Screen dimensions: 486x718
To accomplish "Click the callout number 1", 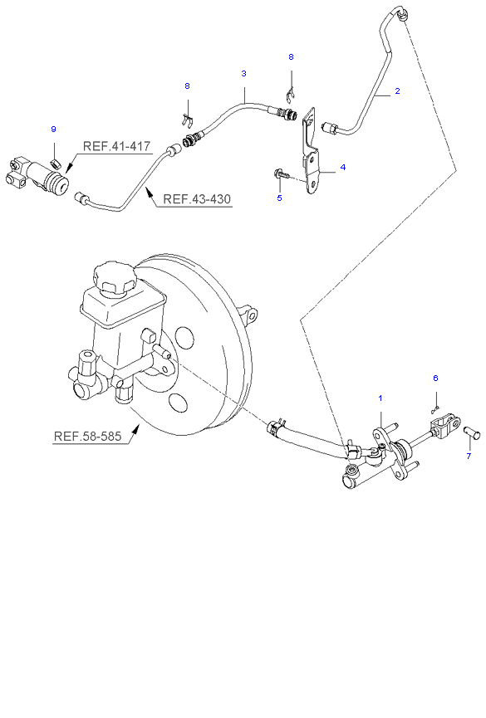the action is [x=380, y=398].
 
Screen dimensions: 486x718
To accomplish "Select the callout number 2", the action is [x=397, y=91].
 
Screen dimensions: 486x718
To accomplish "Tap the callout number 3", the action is [x=244, y=73].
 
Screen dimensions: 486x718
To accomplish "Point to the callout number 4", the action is [x=343, y=167].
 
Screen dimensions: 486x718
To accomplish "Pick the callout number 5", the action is [x=280, y=198].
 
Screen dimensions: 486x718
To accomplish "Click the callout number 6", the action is [x=435, y=378].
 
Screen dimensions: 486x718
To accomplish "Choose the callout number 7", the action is [x=469, y=456].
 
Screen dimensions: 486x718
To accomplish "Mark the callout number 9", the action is [x=54, y=129].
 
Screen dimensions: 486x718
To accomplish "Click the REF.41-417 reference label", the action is [x=116, y=146].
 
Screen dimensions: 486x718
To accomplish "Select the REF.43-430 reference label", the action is [x=197, y=199].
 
